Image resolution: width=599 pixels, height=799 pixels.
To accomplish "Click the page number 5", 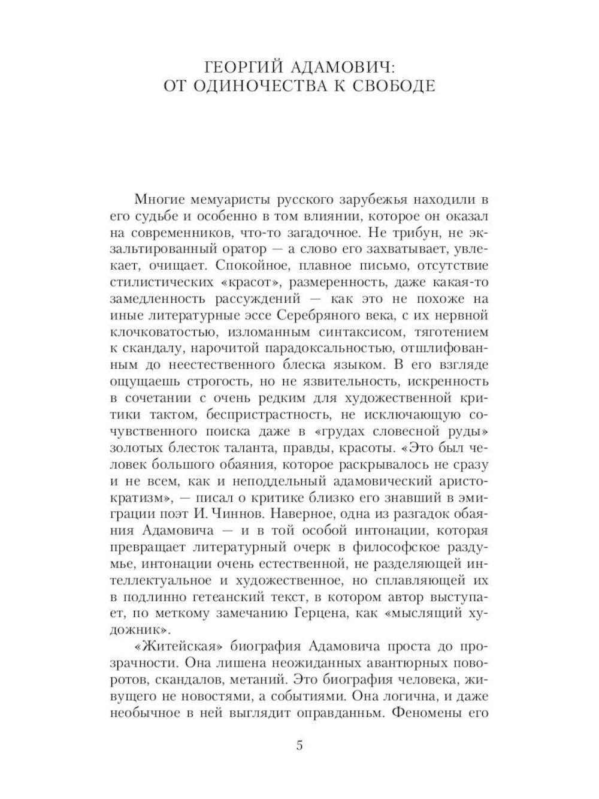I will [x=299, y=746].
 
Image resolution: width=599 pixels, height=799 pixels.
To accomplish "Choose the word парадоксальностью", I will [x=329, y=348].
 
